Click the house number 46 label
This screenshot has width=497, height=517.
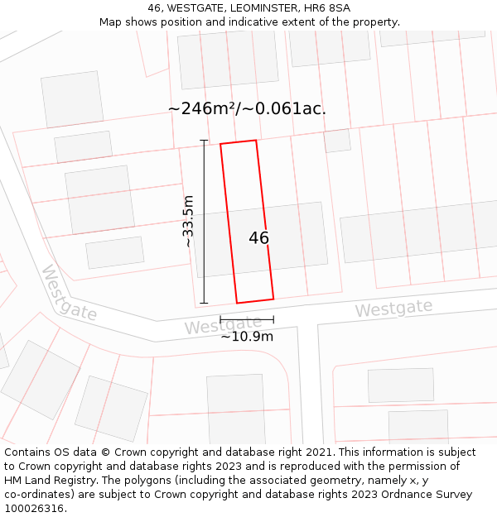click(x=258, y=238)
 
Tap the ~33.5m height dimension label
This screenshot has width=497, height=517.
click(x=188, y=222)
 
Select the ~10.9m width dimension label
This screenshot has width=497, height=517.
click(x=246, y=336)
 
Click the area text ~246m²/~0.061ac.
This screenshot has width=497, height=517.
click(x=247, y=108)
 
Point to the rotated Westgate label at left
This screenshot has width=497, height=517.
click(x=69, y=294)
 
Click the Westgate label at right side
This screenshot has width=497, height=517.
click(x=393, y=309)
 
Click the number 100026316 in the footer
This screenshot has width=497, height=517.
click(x=34, y=508)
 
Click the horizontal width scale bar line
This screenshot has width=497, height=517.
click(x=246, y=318)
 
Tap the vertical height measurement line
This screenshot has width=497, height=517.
click(x=204, y=222)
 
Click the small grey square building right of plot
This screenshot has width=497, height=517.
click(x=337, y=141)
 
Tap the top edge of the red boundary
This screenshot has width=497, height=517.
click(x=238, y=142)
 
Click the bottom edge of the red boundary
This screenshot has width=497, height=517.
click(x=255, y=301)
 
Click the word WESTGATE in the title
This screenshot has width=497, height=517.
click(x=191, y=8)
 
